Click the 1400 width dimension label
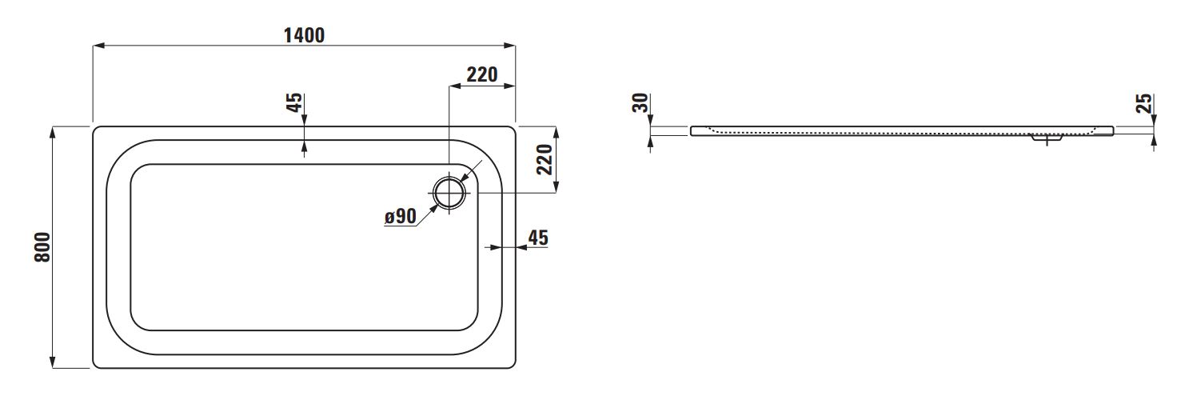(304, 35)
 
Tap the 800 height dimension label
(42, 247)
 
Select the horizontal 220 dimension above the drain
(482, 75)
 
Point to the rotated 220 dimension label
(545, 159)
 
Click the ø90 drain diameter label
(401, 216)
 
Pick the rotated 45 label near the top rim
(294, 102)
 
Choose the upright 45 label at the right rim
(538, 238)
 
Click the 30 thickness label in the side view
(640, 102)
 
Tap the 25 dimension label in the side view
(1144, 103)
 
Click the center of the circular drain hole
(449, 192)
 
